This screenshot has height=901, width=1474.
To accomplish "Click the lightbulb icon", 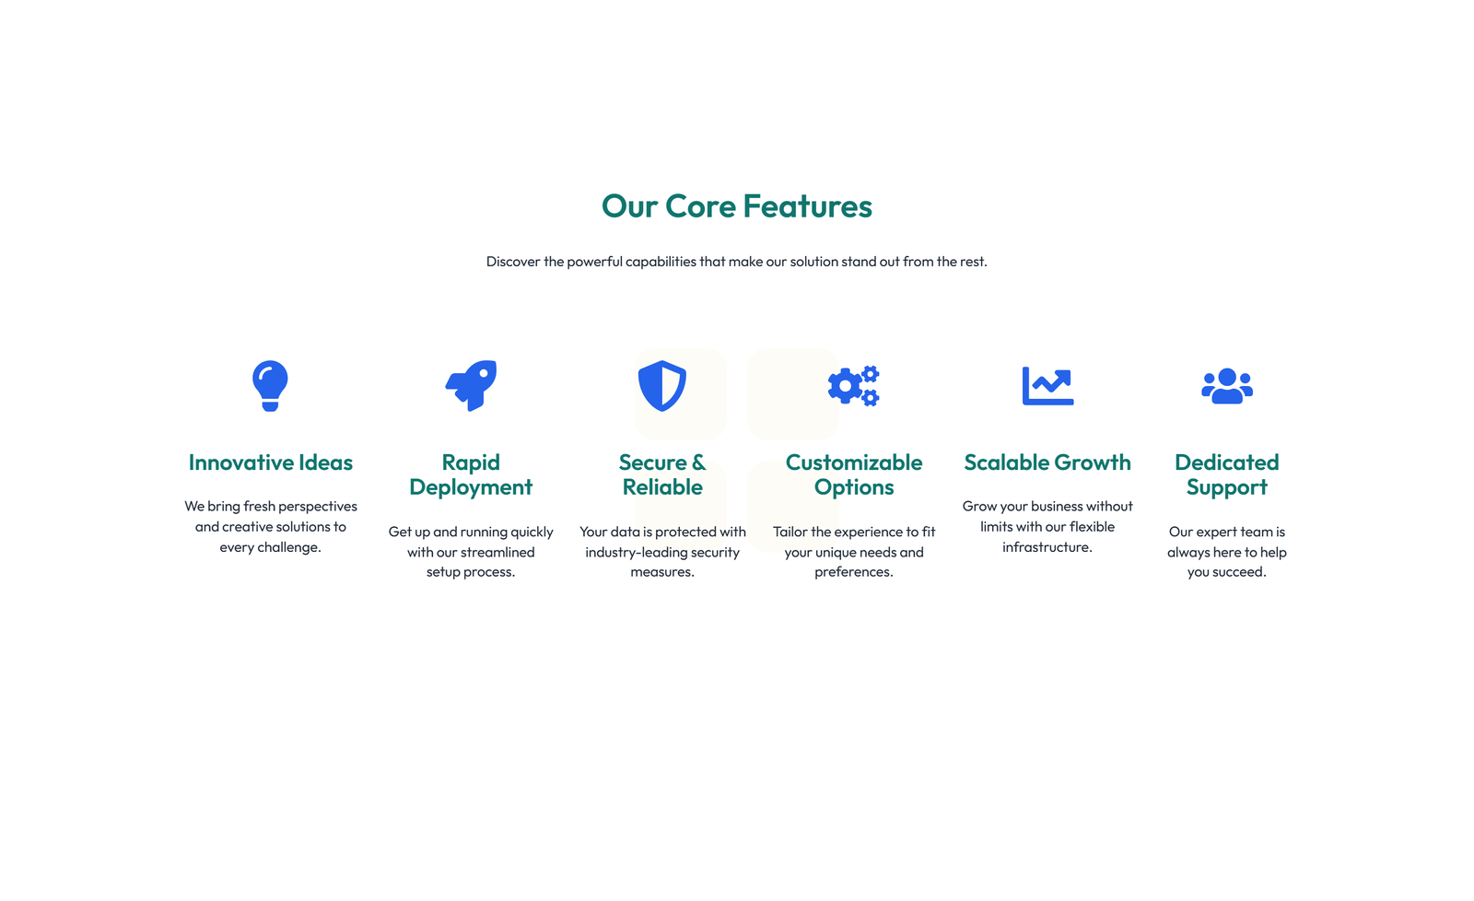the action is tap(270, 386).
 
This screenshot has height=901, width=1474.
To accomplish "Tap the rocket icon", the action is tap(471, 386).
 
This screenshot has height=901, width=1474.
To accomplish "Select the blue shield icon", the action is tap(662, 386).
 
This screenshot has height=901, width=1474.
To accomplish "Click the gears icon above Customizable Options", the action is tap(853, 386).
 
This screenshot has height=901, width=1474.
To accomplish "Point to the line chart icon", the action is tap(1047, 386).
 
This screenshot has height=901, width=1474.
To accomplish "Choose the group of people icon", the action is tap(1226, 386).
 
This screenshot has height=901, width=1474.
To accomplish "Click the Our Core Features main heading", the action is tap(736, 206).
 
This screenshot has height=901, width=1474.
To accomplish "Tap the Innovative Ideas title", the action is tap(271, 462).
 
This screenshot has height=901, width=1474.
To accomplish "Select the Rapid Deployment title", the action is tap(471, 474).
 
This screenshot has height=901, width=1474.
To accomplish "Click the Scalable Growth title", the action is tap(1047, 462).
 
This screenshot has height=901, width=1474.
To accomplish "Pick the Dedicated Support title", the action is tap(1226, 474).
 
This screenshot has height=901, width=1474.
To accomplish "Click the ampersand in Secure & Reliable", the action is tap(698, 462).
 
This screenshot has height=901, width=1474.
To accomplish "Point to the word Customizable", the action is tap(853, 462).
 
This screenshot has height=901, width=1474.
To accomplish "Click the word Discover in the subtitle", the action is tap(513, 262).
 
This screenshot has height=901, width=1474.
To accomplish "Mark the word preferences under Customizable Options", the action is tap(852, 572).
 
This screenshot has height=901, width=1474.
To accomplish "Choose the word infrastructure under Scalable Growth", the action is tap(1046, 547).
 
